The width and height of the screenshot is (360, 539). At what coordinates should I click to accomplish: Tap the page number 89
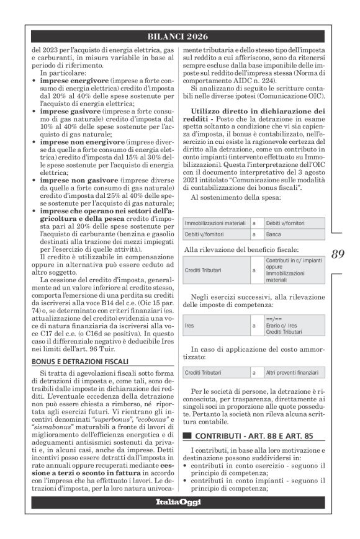338,253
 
